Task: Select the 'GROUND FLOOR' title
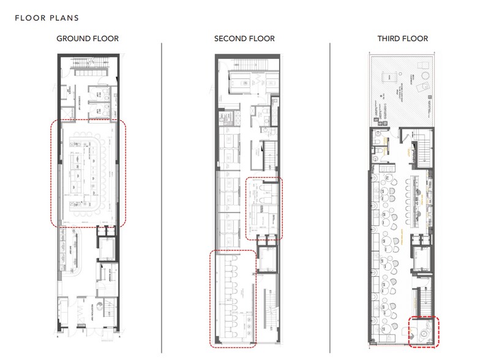(88, 39)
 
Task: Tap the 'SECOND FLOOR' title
(244, 39)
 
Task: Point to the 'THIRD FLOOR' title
(402, 39)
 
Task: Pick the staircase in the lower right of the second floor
(268, 306)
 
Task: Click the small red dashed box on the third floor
(424, 332)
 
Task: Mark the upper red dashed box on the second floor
(264, 209)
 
